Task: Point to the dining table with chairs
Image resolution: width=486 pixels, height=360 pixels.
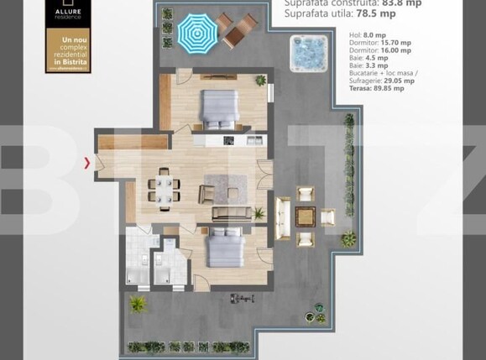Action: pos(163,186)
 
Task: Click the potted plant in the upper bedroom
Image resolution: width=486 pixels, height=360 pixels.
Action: pos(261,81)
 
